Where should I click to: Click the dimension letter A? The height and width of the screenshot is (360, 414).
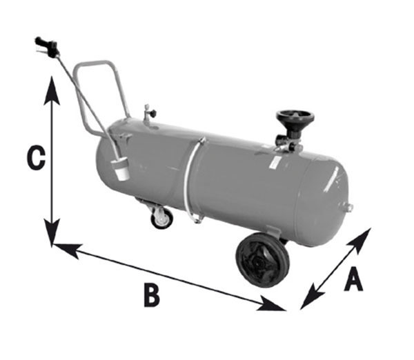353,279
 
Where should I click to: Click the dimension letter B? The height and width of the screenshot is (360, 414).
152,294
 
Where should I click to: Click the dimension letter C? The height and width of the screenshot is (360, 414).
36,157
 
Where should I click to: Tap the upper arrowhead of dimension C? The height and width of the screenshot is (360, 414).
52,90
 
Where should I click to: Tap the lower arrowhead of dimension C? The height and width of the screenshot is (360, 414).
52,233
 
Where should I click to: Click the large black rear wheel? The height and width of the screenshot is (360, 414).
262,261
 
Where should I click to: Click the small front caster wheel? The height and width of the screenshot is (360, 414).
162,218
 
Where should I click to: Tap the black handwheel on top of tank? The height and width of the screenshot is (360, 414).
295,118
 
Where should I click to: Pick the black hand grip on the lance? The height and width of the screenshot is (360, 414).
46,46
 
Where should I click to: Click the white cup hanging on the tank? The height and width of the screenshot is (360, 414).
120,169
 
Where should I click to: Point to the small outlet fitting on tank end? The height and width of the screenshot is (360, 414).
348,208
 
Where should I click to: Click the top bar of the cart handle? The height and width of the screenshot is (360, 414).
94,64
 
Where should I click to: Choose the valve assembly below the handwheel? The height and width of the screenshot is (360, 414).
288,144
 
